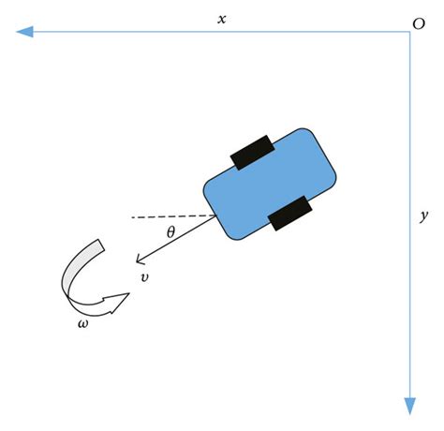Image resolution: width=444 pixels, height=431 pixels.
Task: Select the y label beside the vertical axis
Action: (424, 215)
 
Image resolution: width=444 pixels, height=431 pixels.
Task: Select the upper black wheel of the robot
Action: (251, 152)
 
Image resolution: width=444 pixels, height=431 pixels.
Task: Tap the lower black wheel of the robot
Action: (289, 213)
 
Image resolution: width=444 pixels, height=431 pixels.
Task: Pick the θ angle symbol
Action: (170, 231)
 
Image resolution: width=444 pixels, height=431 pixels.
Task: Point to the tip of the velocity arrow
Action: (136, 263)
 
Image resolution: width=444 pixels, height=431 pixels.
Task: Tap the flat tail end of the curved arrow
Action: (96, 246)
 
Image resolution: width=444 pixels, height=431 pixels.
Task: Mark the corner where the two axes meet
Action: (409, 33)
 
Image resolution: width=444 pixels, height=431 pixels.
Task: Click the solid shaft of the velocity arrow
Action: (178, 239)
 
